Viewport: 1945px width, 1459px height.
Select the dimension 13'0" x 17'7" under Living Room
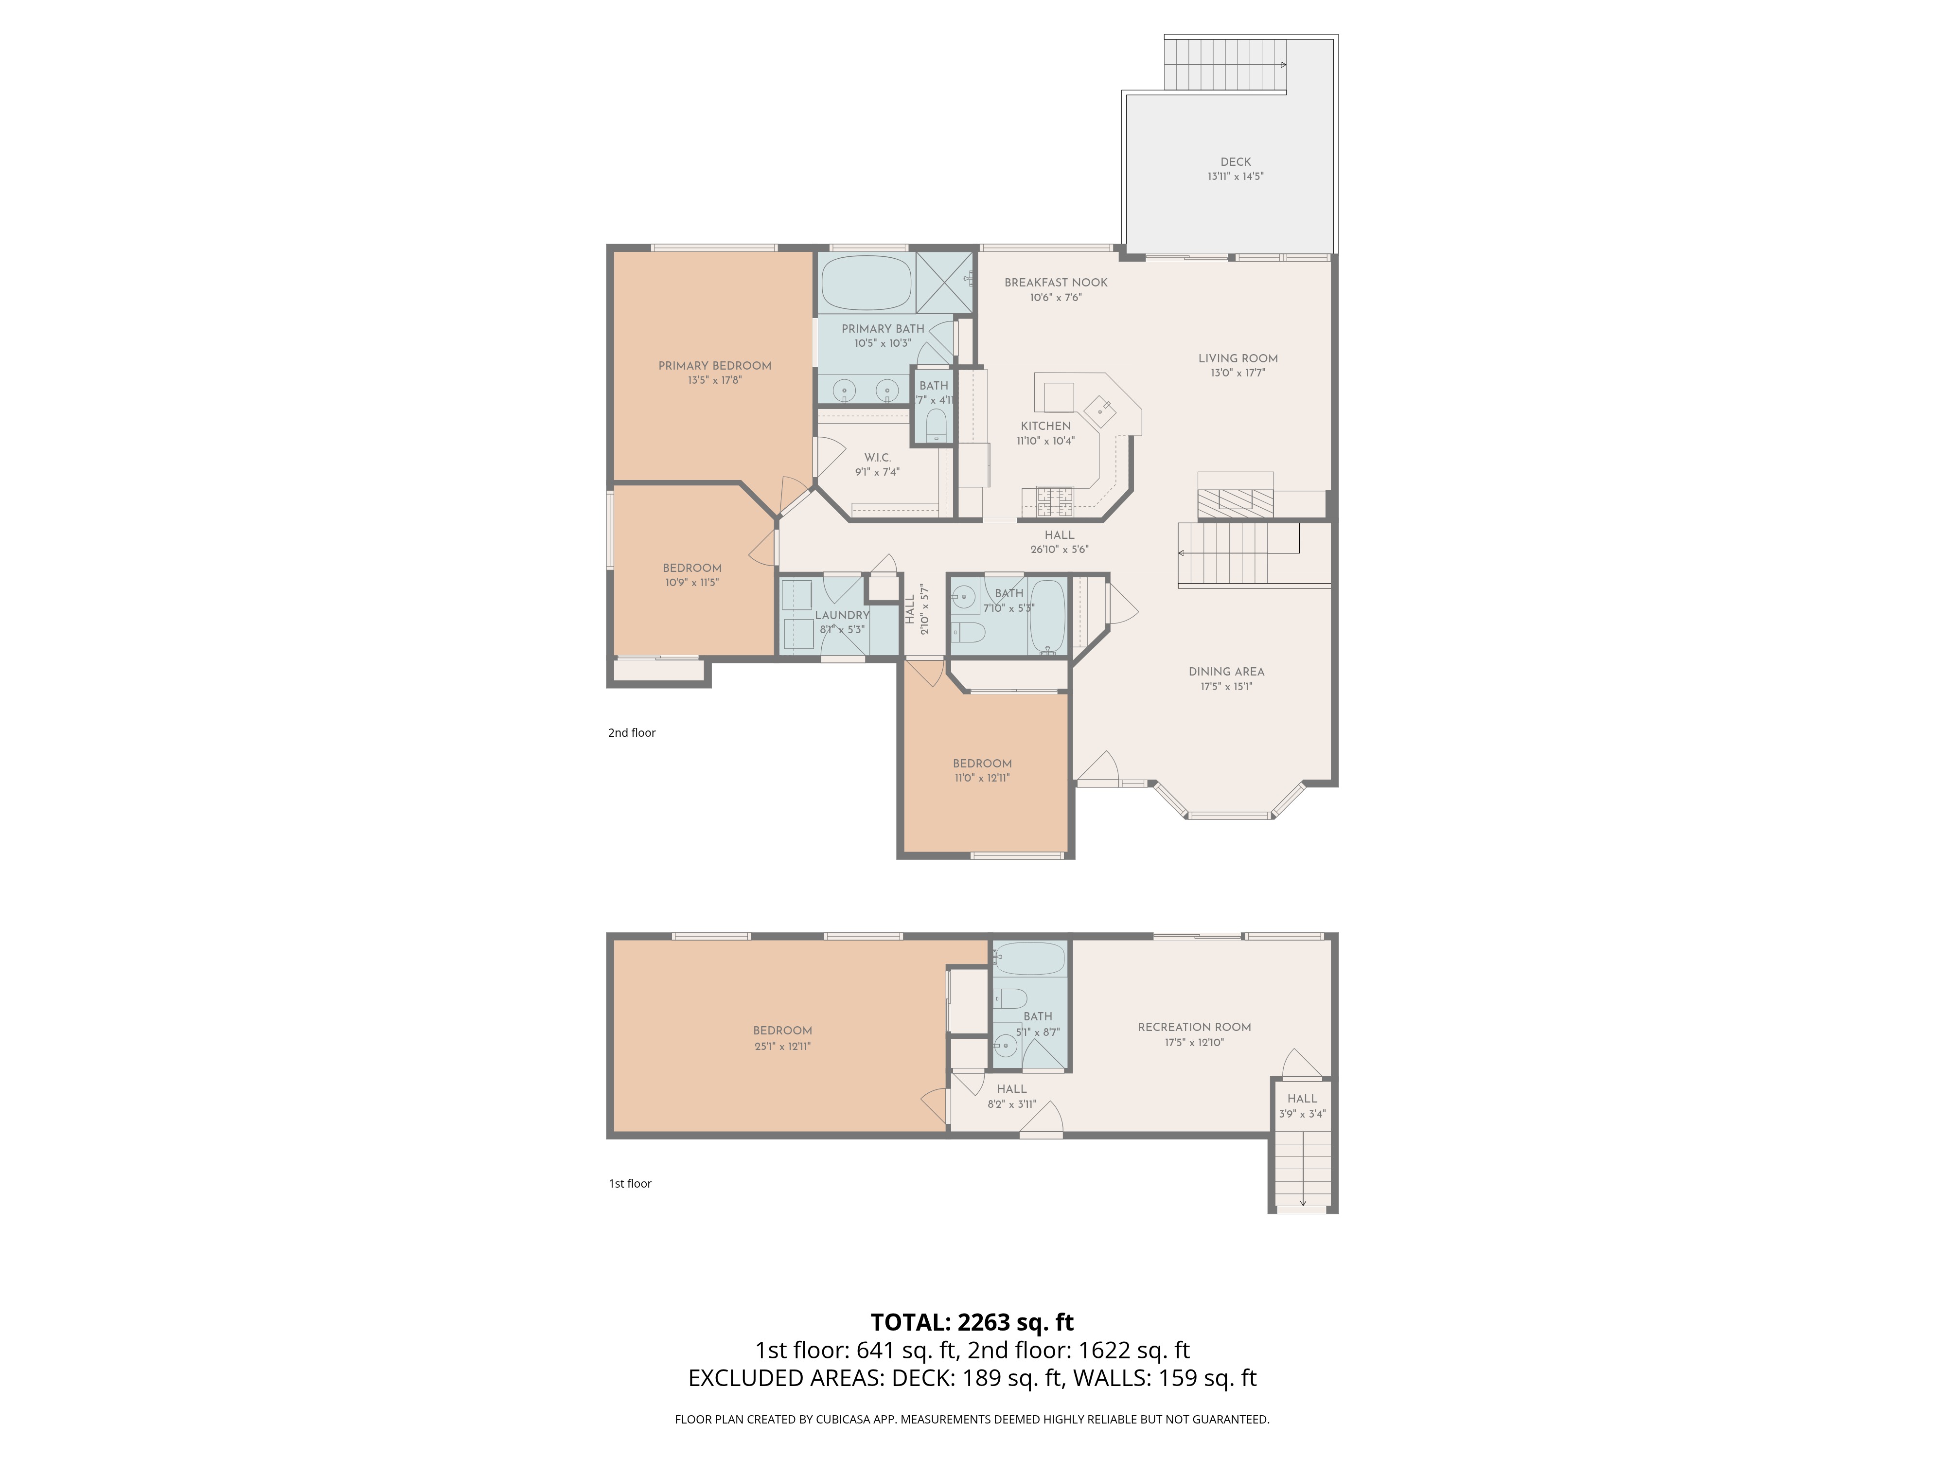pos(1237,373)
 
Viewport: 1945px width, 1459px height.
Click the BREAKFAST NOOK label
pos(1055,282)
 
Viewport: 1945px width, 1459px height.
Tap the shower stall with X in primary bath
pos(944,282)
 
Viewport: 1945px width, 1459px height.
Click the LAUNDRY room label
pos(842,615)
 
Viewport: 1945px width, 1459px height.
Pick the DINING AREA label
pos(1226,671)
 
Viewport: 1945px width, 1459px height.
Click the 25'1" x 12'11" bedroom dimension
pos(782,1047)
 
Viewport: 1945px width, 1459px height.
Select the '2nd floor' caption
pos(631,732)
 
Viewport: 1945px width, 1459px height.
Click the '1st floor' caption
pos(630,1184)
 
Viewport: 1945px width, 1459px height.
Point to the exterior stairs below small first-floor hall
pos(1302,1170)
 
